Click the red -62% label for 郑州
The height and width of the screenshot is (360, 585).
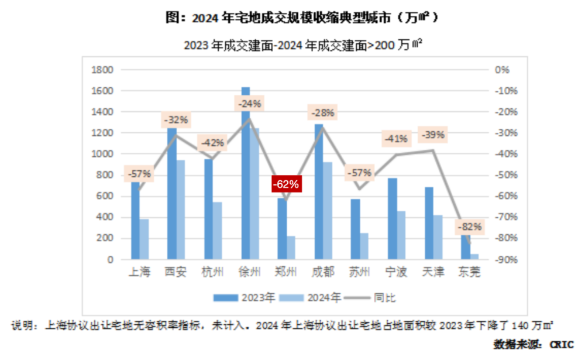coord(286,184)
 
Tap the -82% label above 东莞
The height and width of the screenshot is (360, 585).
coord(470,227)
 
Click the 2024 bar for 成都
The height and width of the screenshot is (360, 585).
coord(327,211)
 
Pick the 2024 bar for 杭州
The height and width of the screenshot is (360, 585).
coord(217,231)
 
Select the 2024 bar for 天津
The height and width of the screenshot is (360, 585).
coord(438,237)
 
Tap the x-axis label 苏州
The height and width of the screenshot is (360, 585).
coord(360,273)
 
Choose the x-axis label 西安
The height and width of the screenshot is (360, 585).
coord(176,273)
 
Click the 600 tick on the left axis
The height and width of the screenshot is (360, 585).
coord(105,197)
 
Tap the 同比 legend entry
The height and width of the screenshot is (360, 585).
coord(384,297)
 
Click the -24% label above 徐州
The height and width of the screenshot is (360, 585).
coord(249,104)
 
